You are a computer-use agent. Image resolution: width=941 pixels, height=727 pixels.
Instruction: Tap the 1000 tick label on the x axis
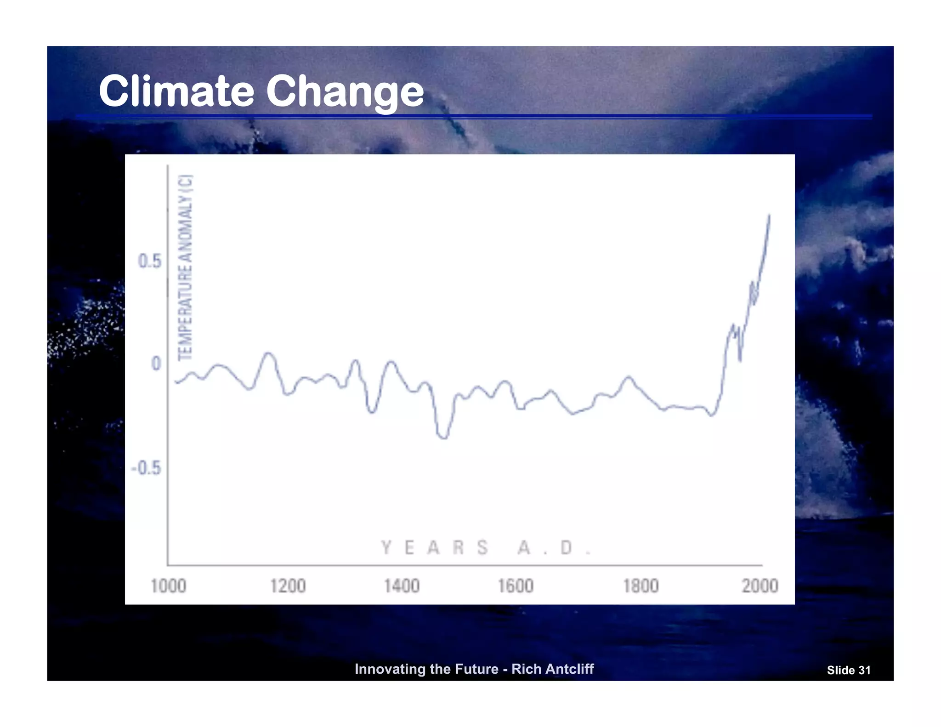tap(169, 586)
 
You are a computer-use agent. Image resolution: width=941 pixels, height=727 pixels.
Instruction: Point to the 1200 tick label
tap(288, 586)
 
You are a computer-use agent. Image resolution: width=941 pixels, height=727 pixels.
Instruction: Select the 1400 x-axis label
tap(402, 586)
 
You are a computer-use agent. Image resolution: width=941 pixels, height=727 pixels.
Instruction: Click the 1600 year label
tap(516, 586)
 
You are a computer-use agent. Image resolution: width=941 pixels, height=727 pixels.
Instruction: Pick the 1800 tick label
tap(641, 586)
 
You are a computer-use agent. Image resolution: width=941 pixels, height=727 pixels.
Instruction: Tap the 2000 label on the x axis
tap(760, 586)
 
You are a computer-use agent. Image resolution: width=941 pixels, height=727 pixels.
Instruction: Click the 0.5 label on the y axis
tap(150, 261)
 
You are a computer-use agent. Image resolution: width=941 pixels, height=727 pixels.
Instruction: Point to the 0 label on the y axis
tap(156, 364)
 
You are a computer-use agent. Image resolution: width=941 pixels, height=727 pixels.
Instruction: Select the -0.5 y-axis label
tap(146, 468)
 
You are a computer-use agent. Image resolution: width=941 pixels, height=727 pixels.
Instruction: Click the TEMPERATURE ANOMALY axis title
tap(186, 267)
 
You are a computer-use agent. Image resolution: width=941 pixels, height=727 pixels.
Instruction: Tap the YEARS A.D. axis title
tap(485, 548)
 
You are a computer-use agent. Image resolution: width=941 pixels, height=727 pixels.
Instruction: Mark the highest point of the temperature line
tap(769, 215)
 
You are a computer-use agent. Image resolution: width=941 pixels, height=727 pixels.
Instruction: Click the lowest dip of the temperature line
tap(443, 438)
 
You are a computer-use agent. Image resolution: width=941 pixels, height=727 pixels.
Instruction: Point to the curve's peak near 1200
tap(269, 353)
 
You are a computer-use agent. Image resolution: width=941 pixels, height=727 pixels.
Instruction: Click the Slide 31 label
tap(848, 670)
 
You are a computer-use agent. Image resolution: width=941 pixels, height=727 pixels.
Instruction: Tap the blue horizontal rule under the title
tap(473, 116)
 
